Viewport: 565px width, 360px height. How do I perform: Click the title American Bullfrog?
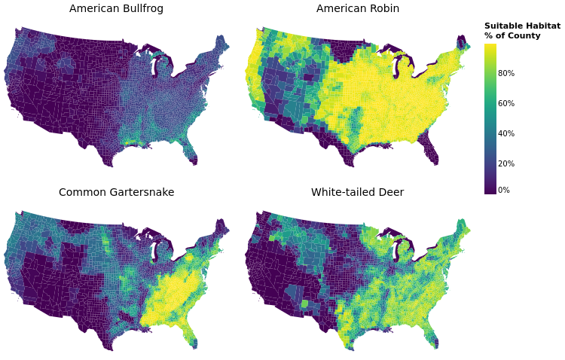(116, 9)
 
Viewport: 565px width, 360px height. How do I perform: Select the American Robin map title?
(358, 9)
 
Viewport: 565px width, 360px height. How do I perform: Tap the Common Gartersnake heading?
(116, 193)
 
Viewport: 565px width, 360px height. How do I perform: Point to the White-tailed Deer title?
(357, 193)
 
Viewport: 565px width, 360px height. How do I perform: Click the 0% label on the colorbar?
(503, 191)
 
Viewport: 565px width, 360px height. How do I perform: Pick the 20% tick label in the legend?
(505, 163)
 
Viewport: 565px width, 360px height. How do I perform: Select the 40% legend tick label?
(505, 133)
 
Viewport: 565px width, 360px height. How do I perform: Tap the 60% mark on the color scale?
(505, 103)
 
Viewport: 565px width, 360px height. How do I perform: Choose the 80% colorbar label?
(505, 73)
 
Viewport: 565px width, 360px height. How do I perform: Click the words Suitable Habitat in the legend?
(522, 26)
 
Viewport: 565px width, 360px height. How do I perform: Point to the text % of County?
(512, 36)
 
